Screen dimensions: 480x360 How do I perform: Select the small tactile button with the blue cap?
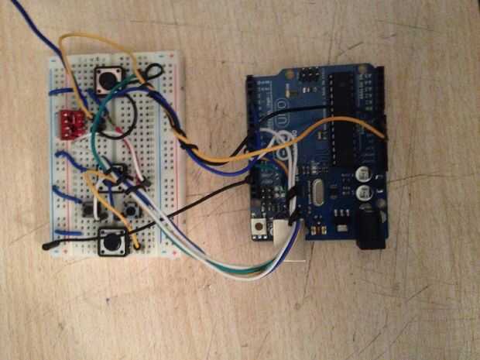[x=132, y=208]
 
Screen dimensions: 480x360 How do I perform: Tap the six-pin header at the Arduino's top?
[x=307, y=76]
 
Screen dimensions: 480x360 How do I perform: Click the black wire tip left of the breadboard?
[x=48, y=246]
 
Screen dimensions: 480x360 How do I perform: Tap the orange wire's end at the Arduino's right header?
[x=382, y=134]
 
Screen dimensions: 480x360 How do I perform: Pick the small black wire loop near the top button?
[x=154, y=74]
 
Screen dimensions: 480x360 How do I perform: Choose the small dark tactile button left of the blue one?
[x=85, y=209]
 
